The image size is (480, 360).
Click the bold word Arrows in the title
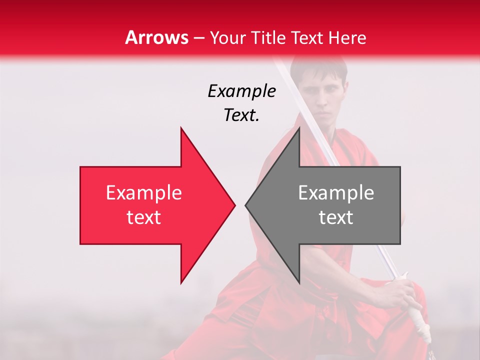[157, 37]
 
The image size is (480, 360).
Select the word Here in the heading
[347, 37]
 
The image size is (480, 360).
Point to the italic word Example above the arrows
[242, 91]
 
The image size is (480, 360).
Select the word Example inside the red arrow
[144, 193]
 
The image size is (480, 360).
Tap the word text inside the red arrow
[144, 217]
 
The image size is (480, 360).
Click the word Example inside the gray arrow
[336, 193]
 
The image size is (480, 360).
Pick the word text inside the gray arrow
[336, 217]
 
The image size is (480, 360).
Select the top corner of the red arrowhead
[181, 128]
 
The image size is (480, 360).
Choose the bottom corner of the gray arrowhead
[299, 282]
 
